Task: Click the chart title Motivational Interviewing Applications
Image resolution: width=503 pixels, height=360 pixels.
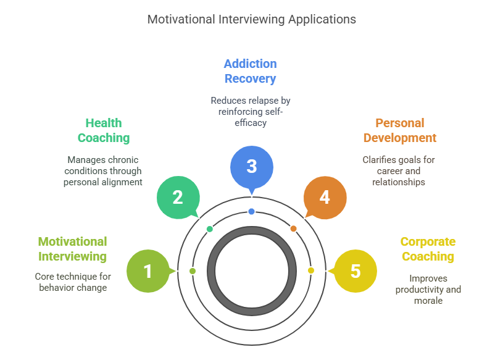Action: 251,19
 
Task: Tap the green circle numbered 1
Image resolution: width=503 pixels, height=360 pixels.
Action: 148,270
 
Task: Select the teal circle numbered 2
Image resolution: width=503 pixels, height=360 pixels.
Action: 178,197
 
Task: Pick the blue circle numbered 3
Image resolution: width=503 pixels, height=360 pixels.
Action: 251,165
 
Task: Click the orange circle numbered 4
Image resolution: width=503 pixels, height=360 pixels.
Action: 325,197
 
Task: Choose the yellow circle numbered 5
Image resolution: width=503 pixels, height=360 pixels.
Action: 355,270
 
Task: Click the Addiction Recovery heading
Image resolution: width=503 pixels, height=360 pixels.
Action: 250,71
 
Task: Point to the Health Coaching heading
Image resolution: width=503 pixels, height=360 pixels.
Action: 104,130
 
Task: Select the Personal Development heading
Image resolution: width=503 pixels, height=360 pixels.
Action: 399,130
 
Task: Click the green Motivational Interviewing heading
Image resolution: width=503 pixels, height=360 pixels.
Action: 73,249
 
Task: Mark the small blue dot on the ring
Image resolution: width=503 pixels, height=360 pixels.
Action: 251,212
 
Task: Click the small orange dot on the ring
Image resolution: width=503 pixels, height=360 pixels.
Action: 293,228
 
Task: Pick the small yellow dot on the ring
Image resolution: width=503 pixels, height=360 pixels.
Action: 310,270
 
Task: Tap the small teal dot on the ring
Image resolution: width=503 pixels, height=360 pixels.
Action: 210,229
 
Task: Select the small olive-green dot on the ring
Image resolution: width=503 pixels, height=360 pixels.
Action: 193,271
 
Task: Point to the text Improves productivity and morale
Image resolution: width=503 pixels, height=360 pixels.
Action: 428,290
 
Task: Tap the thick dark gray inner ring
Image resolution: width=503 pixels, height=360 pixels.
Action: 212,270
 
